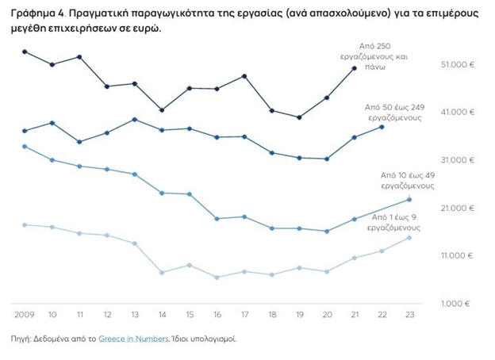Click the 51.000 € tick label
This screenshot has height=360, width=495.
click(x=456, y=65)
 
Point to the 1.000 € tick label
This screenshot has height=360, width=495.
click(x=458, y=304)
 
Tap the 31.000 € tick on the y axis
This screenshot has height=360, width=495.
click(x=456, y=160)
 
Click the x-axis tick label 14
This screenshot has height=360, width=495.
click(x=162, y=313)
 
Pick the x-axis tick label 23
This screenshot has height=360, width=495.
click(x=409, y=313)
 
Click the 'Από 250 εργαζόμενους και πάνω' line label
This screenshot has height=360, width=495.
click(x=381, y=57)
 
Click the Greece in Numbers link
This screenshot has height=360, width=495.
click(x=133, y=339)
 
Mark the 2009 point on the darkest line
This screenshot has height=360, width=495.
click(x=25, y=52)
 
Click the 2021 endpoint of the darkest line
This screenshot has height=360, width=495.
click(x=355, y=68)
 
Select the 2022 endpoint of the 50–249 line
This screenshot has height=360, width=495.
click(x=382, y=127)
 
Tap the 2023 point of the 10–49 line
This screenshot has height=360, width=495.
click(x=409, y=198)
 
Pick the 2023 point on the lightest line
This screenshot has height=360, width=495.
click(x=409, y=237)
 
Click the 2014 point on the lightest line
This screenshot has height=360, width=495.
click(x=162, y=272)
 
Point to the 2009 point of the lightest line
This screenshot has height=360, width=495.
click(x=25, y=224)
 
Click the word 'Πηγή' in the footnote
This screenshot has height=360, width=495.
click(x=20, y=339)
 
